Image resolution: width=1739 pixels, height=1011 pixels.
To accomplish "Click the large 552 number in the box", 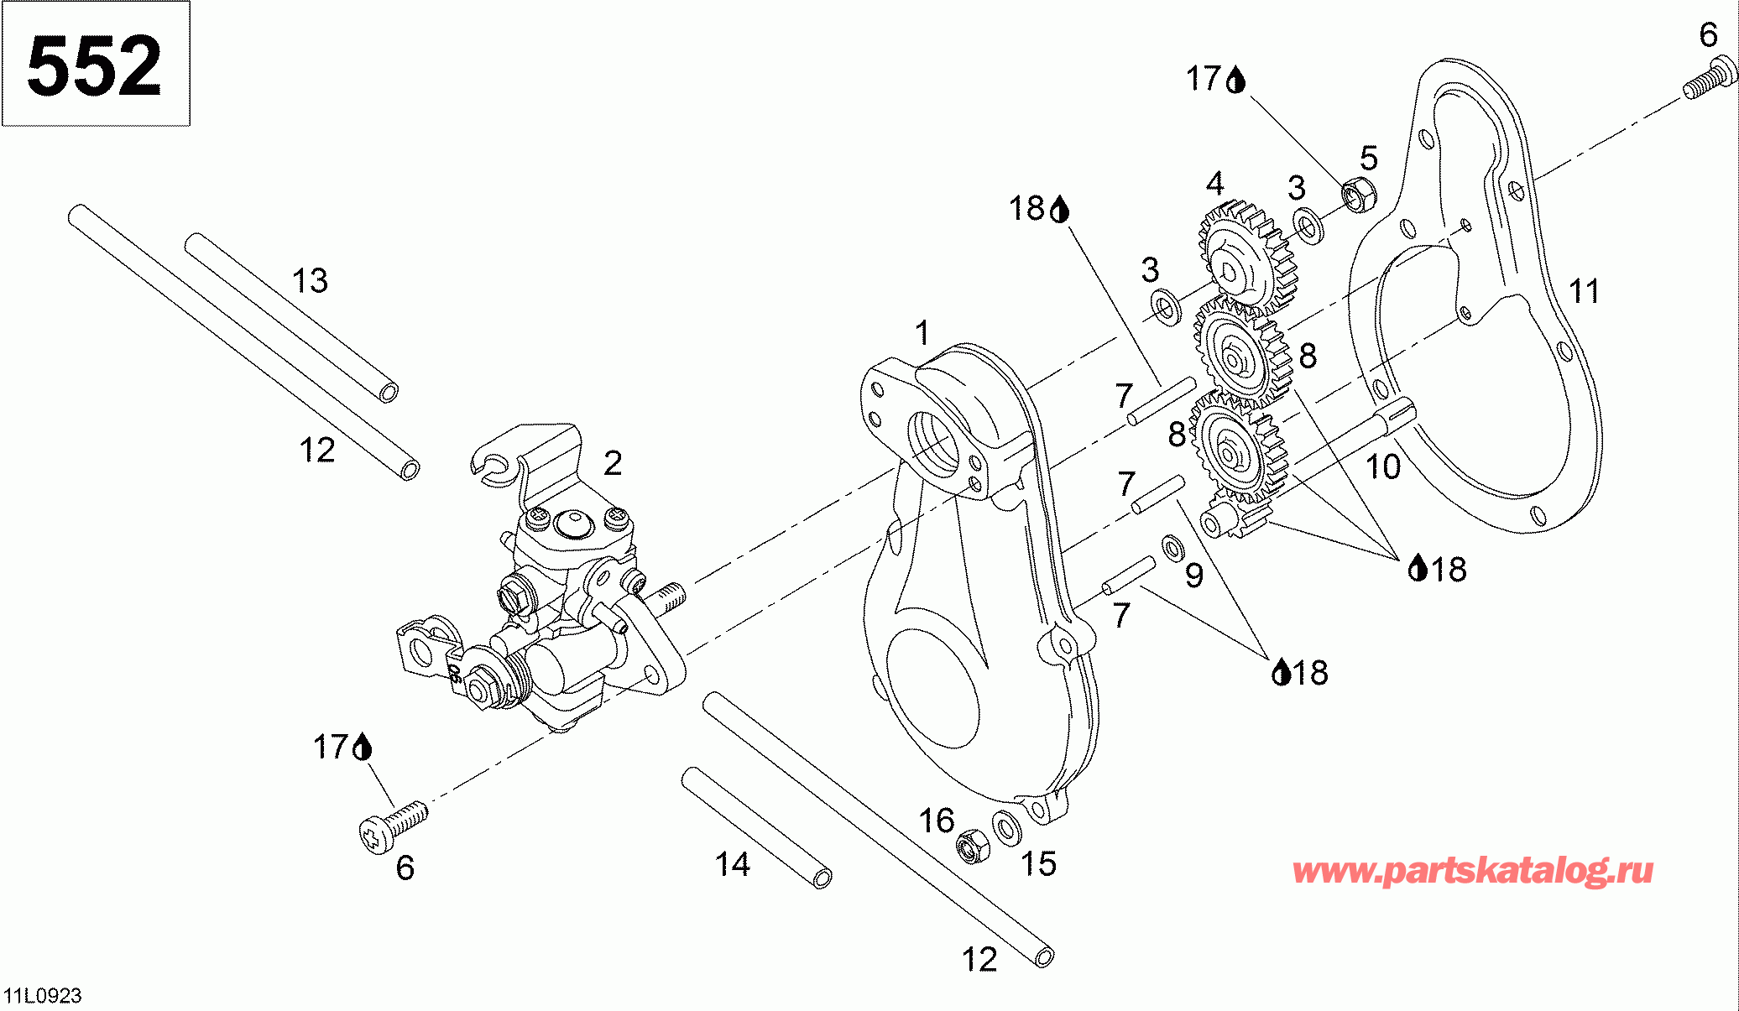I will click(94, 65).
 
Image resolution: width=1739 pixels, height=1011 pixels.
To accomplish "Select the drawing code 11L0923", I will click(43, 996).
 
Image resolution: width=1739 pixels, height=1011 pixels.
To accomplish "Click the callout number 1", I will click(923, 333).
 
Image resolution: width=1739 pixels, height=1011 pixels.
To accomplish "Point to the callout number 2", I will click(614, 463).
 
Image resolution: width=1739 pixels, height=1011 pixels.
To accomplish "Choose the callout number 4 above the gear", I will click(1214, 184).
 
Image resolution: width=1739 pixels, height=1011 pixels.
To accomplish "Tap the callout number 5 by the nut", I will click(1369, 158).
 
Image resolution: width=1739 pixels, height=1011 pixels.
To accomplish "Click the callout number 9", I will click(1194, 576).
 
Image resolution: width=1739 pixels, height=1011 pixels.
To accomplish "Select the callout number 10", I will click(1383, 467).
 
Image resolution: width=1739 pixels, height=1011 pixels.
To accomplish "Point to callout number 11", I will click(1585, 292).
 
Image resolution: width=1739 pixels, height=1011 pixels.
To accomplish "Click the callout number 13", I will click(310, 281).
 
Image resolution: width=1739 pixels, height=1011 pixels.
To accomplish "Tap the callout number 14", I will click(733, 864).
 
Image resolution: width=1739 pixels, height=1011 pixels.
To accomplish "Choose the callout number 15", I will click(1038, 864).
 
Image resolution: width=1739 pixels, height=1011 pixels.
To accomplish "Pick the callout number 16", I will click(937, 821).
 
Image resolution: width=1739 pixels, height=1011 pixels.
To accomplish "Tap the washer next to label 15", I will click(1005, 826).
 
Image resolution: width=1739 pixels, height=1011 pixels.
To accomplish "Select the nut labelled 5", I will click(1357, 195).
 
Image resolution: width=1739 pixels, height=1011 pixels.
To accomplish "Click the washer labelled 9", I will click(1172, 547).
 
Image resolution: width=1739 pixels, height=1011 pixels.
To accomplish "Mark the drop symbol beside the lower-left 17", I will click(363, 747).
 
